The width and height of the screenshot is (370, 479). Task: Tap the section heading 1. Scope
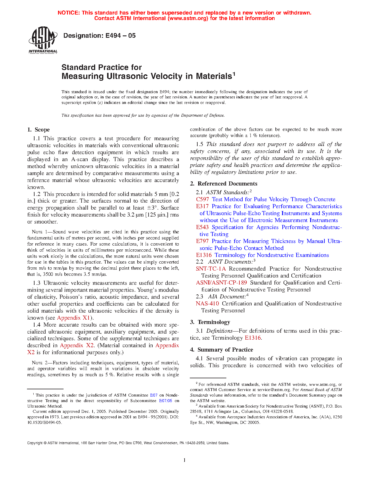(39, 130)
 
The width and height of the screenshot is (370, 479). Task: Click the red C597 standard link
(202, 199)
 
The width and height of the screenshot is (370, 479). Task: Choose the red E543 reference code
(202, 227)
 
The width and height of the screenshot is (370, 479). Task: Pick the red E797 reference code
(202, 241)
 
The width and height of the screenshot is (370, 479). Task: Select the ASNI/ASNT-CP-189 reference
(221, 283)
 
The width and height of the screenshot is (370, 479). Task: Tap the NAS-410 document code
(207, 304)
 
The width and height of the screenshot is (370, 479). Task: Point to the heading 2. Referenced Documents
(224, 184)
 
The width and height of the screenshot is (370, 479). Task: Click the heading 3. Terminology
(210, 322)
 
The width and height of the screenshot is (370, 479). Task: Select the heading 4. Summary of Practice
(221, 350)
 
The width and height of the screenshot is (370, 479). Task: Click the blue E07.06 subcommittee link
(165, 401)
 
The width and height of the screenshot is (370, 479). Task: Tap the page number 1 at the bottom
(185, 460)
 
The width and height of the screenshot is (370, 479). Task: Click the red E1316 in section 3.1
(253, 338)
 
